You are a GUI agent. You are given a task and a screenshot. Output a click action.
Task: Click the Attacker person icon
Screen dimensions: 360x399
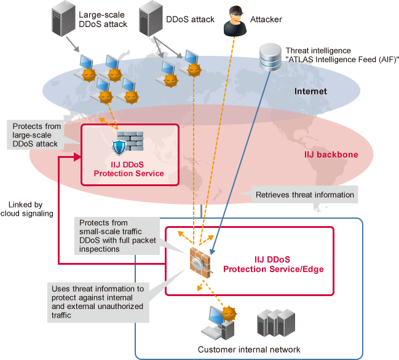235,20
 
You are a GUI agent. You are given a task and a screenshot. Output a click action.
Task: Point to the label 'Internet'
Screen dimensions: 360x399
310,92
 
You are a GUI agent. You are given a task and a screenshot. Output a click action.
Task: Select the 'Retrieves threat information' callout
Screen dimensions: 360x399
305,195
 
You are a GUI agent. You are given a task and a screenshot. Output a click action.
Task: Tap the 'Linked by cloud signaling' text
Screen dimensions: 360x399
30,209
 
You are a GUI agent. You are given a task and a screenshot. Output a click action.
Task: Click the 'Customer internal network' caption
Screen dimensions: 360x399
248,350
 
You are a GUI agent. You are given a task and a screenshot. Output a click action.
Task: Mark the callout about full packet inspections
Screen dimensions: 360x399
114,235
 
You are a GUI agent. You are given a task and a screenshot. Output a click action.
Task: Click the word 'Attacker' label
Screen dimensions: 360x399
266,20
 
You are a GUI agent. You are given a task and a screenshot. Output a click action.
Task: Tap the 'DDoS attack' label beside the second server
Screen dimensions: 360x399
191,20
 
